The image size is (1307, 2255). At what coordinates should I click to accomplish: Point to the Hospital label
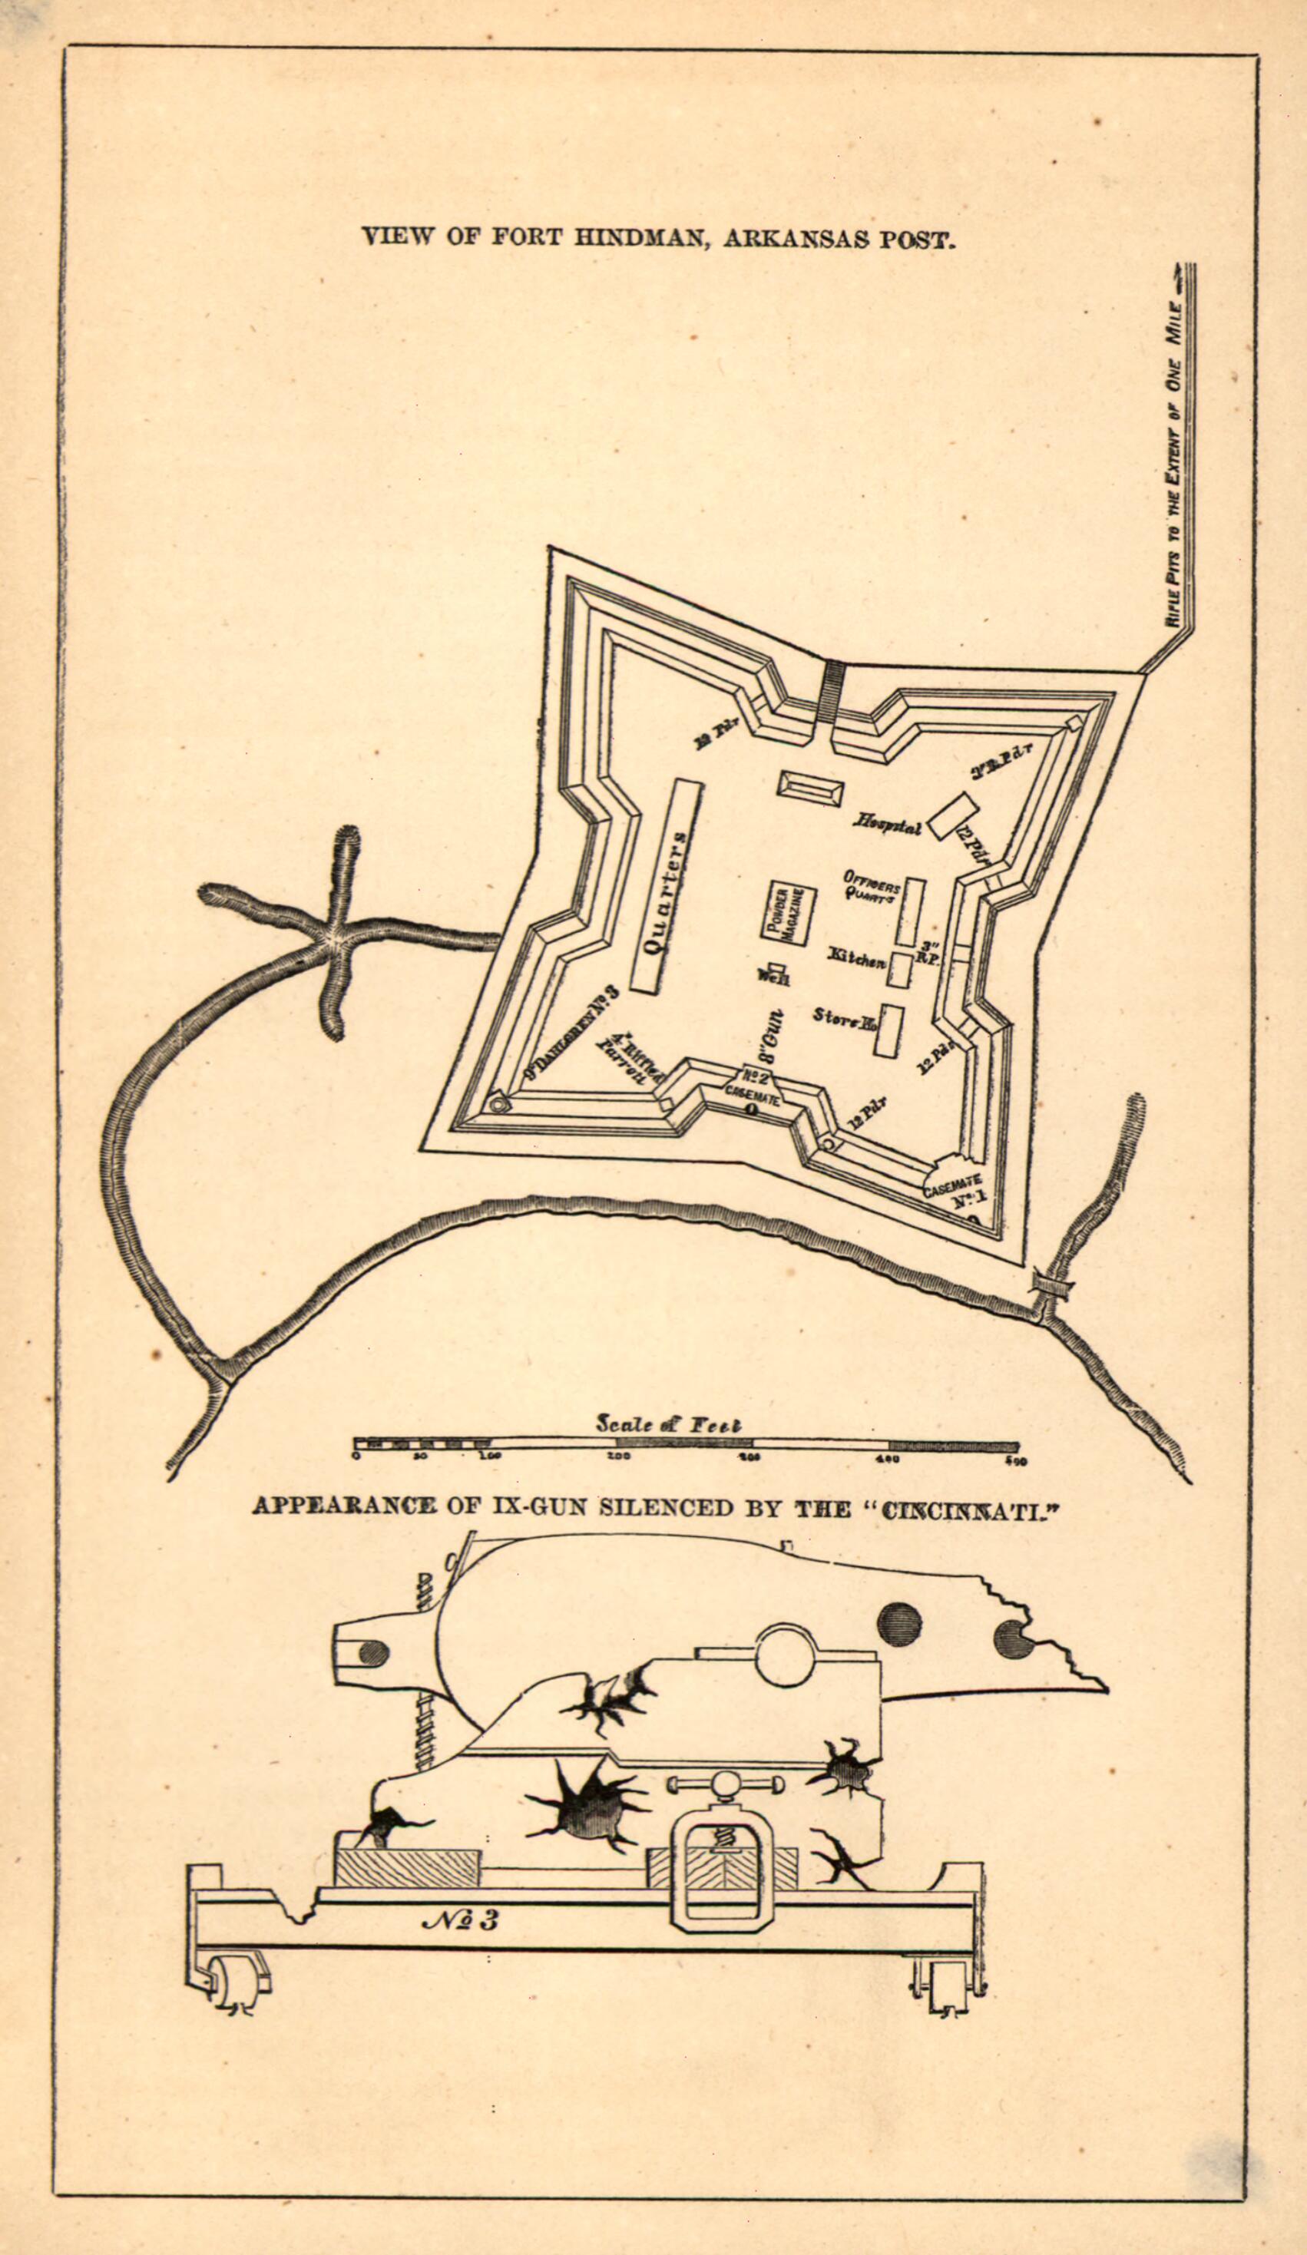pyautogui.click(x=887, y=822)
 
